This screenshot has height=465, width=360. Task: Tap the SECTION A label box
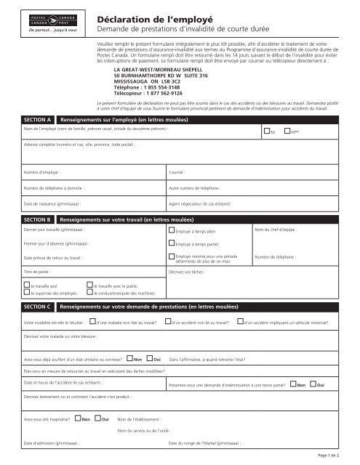[37, 118]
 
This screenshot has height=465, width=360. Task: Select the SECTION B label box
[37, 219]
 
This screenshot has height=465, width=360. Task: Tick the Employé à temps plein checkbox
[171, 232]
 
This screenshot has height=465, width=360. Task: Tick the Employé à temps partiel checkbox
[171, 245]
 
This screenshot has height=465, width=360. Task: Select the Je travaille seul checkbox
[26, 286]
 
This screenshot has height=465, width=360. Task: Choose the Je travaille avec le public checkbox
[89, 286]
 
